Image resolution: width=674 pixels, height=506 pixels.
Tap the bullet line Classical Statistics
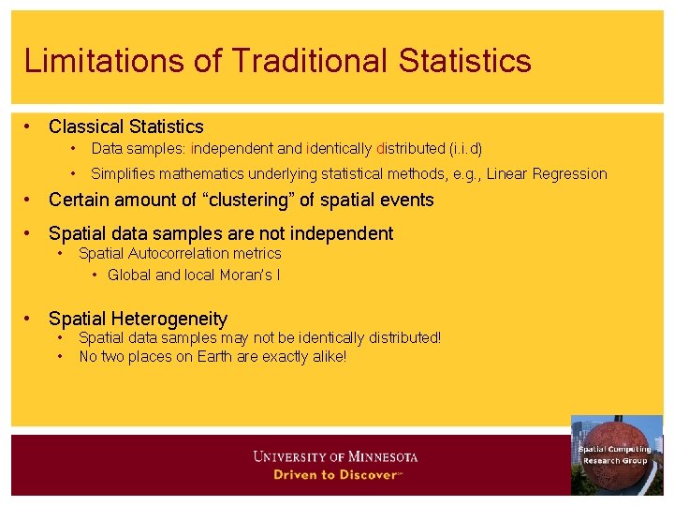[125, 126]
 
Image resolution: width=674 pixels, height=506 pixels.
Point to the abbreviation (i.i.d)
[465, 148]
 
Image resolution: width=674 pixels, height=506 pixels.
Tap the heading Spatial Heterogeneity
[138, 319]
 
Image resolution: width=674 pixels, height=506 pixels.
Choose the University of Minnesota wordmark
[335, 457]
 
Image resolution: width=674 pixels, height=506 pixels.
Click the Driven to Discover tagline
[337, 474]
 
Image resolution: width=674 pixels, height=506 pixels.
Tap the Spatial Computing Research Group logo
[616, 454]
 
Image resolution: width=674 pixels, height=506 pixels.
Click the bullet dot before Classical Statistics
[30, 126]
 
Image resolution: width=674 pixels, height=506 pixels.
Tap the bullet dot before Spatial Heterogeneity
[30, 319]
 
